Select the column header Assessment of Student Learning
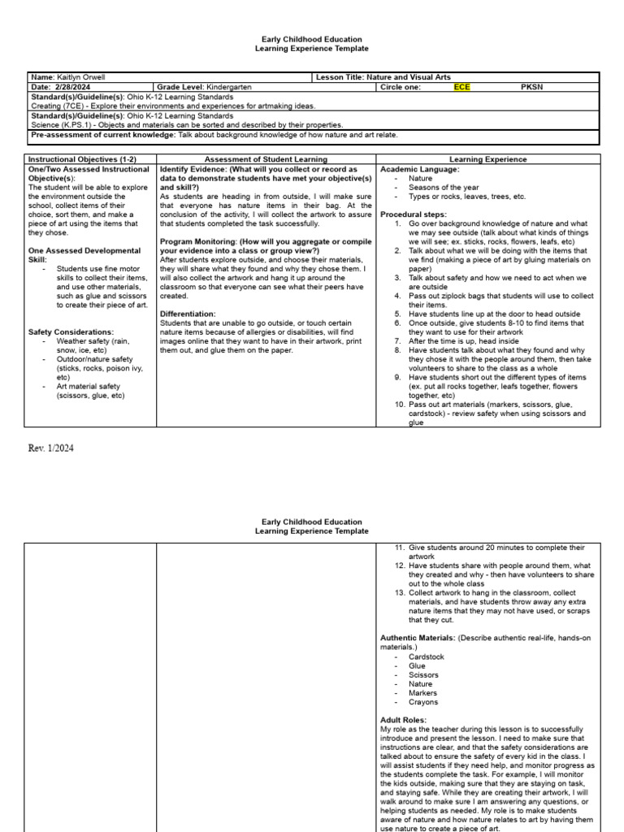click(x=266, y=159)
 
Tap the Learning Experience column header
click(x=487, y=159)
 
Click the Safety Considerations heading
click(x=71, y=332)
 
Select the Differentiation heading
click(x=188, y=314)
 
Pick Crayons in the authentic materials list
click(x=423, y=702)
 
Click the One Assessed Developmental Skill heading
click(x=84, y=255)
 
